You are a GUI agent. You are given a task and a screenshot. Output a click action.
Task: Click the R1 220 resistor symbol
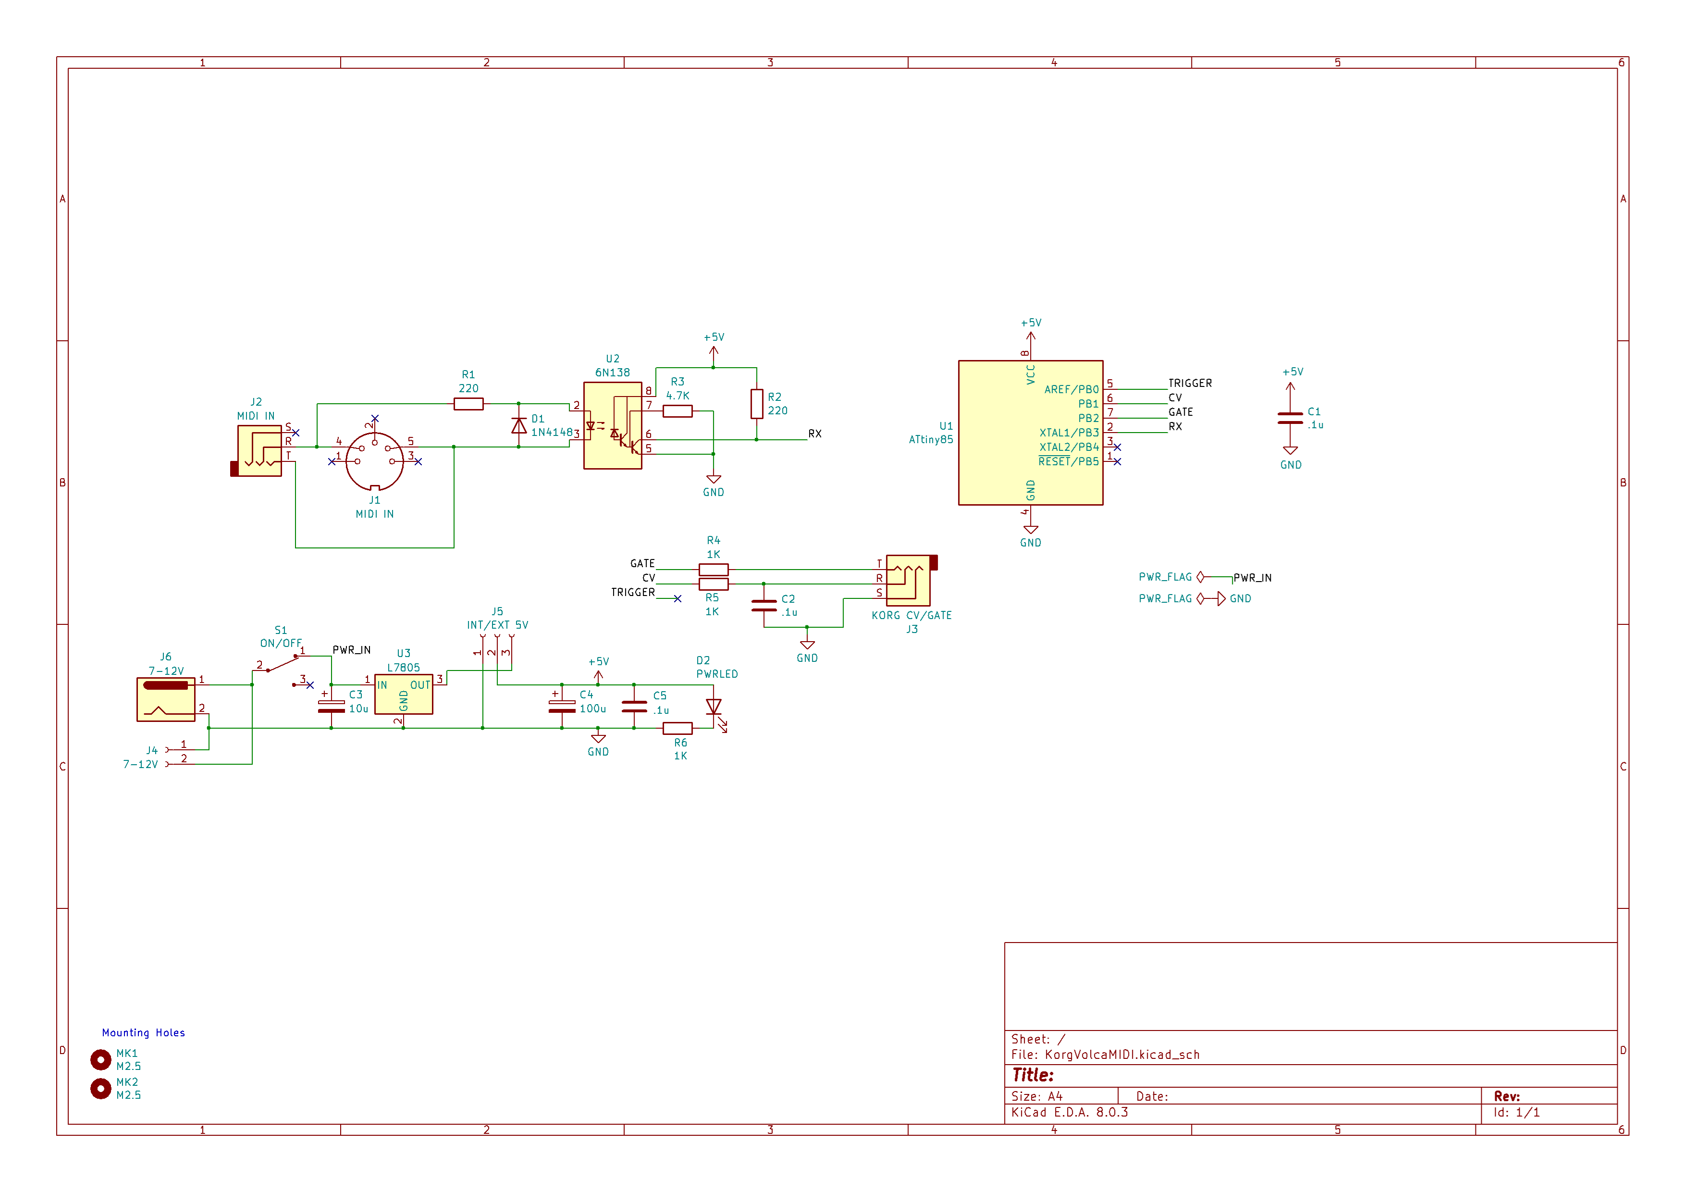[x=468, y=404]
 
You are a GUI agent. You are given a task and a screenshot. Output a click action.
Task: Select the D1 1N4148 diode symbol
[x=519, y=426]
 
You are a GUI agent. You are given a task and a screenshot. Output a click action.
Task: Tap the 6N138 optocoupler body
[x=612, y=426]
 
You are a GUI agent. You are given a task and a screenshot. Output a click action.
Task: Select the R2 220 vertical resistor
[x=757, y=404]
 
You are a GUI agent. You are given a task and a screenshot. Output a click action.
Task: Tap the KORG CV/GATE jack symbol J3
[x=909, y=580]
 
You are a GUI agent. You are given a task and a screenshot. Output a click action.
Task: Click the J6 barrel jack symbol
[x=166, y=699]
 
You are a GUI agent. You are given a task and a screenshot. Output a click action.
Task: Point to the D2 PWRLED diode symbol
[x=713, y=708]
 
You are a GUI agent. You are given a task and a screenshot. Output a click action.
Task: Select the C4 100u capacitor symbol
[x=562, y=706]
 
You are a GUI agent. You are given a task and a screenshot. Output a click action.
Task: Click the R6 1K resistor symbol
[x=677, y=729]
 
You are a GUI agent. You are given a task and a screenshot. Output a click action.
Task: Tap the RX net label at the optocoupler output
[x=814, y=434]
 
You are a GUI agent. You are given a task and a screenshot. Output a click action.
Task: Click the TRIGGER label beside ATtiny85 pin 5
[x=1190, y=383]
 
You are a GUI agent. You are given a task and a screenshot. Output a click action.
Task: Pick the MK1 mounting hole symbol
[x=100, y=1060]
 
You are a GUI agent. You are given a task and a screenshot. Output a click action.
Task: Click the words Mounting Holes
[x=143, y=1033]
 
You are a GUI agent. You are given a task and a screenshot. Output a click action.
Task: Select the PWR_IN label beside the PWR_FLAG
[x=1252, y=578]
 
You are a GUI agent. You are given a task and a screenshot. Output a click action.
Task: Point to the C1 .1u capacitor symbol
[x=1290, y=418]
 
